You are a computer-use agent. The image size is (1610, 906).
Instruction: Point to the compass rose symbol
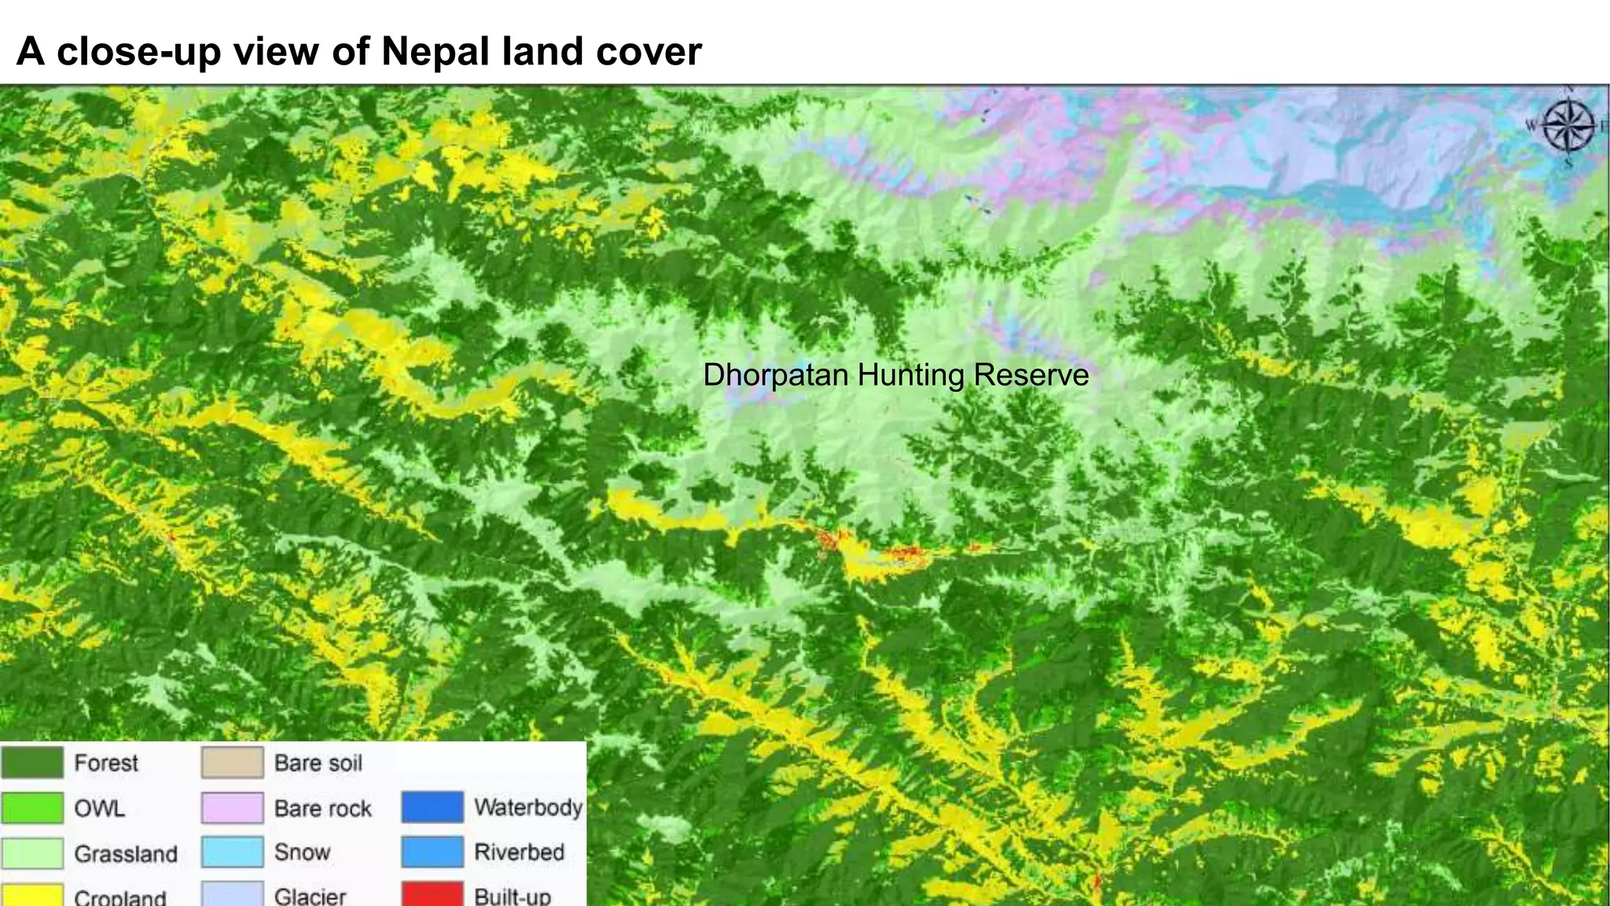point(1568,127)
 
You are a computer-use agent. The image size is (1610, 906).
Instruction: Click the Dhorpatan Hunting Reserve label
point(895,375)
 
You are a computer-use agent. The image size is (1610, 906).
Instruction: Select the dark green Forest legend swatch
point(32,763)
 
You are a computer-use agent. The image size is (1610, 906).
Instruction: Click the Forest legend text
point(106,763)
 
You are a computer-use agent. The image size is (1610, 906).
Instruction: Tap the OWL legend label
point(100,808)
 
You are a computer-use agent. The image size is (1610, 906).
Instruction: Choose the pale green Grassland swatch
point(32,853)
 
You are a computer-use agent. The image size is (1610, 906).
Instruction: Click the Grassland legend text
point(126,854)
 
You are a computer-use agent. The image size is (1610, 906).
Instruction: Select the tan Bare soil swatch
point(232,763)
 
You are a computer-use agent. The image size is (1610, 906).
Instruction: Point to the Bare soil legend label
point(318,763)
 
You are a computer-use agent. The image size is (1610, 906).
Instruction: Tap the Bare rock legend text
point(323,808)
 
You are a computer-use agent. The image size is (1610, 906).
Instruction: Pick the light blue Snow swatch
point(232,853)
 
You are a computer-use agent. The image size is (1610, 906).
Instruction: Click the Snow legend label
point(303,853)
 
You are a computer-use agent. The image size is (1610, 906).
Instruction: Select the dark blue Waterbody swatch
point(432,808)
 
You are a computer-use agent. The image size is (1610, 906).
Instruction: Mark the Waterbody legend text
point(528,808)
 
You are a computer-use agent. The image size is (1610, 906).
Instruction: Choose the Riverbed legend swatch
point(432,853)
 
